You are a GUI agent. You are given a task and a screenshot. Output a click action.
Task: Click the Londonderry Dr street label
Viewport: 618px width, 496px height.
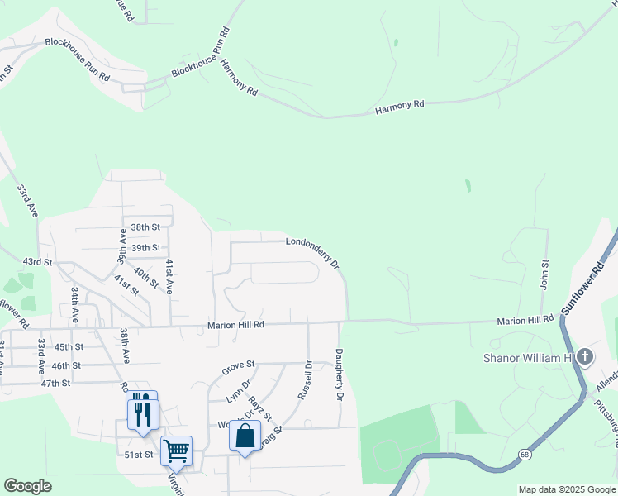pos(312,251)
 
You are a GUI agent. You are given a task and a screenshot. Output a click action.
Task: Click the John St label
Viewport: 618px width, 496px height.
pos(545,274)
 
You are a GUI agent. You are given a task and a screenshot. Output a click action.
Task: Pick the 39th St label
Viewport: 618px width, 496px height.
pos(145,247)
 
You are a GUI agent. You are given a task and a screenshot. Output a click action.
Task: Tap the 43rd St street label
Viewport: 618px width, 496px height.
pos(37,261)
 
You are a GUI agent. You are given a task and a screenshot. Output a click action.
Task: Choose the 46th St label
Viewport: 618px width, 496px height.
pos(66,365)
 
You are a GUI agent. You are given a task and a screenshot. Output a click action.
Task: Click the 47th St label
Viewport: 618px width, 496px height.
pos(55,383)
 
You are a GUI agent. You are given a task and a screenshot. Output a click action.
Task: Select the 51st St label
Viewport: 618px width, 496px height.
pos(138,454)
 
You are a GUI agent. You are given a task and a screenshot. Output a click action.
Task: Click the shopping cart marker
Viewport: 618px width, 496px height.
pos(176,451)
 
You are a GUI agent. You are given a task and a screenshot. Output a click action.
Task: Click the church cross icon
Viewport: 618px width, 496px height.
pos(585,357)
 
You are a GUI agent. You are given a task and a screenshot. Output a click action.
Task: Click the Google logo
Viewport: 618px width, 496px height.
pos(27,486)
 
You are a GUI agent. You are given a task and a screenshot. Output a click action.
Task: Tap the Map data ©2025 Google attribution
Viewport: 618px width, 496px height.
pos(567,489)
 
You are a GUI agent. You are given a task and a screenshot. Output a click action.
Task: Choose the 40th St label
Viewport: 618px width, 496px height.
pos(145,278)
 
